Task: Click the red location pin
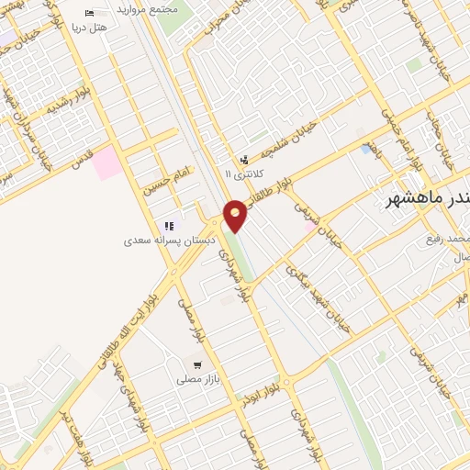[235, 216]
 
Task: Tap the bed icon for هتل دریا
[89, 13]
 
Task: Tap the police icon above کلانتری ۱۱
[244, 160]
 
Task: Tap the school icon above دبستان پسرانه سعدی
[169, 226]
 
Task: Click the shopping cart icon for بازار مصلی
[196, 364]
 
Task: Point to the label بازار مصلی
[196, 378]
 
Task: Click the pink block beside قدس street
[106, 162]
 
